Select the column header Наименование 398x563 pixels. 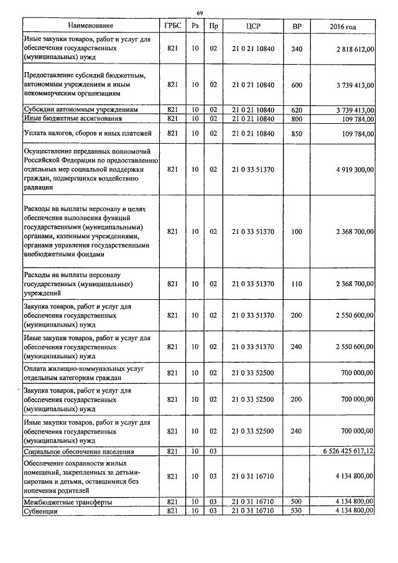[91, 26]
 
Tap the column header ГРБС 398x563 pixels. [173, 26]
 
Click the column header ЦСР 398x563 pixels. [252, 26]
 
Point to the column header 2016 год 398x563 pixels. [343, 26]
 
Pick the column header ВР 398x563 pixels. [297, 26]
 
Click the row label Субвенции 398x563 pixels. [40, 510]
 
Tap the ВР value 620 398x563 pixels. [297, 109]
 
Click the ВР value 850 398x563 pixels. [297, 133]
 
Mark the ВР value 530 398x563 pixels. [297, 510]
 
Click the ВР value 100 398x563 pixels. [297, 231]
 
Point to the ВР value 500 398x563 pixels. [297, 501]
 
